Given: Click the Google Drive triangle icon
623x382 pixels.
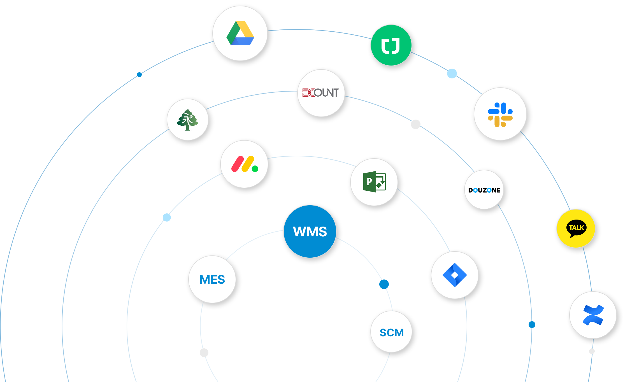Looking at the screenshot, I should coord(240,33).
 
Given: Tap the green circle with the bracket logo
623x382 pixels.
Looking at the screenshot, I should coord(391,45).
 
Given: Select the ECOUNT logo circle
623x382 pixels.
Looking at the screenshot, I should coord(321,93).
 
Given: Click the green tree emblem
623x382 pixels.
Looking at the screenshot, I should coord(187,120).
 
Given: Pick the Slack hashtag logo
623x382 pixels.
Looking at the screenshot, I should coord(500,114).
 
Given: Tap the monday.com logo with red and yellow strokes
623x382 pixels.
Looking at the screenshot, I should coord(244,164).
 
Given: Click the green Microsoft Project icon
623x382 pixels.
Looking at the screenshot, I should coord(374,182).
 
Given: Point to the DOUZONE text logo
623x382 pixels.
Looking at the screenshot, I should coord(484,190).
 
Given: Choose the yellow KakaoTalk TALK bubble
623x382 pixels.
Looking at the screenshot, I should coord(576,229).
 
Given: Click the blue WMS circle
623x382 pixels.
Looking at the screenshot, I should coord(310,231).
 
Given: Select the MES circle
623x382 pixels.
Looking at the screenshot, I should coord(212,279).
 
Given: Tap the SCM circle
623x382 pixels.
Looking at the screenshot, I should coord(391,332).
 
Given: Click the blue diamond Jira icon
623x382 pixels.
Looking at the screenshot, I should coord(455,275).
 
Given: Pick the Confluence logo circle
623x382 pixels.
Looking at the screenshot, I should coord(593,315).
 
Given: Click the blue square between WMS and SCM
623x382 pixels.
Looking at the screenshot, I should coord(384,284).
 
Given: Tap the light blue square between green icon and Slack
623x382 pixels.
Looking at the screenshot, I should coord(452,74).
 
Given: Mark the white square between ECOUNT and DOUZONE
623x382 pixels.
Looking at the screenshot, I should coord(415,124).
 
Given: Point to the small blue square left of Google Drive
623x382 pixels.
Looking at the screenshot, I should coord(139,74).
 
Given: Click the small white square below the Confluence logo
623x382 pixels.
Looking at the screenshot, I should coord(592,351).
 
